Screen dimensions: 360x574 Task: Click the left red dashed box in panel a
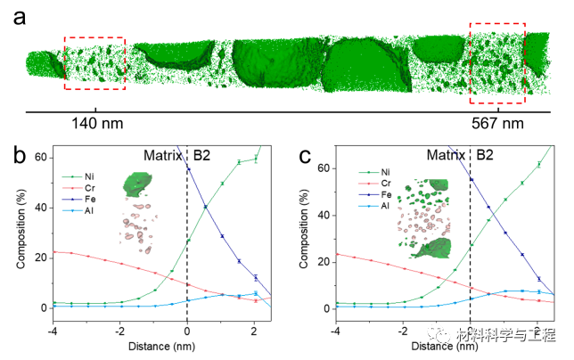95,63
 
